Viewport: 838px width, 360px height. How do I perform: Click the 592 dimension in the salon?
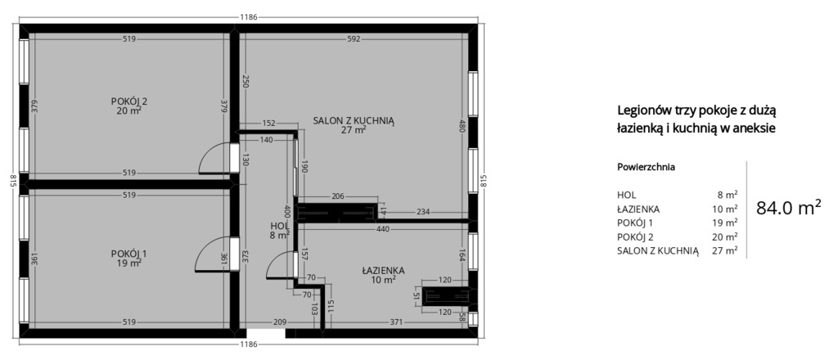coord(354,38)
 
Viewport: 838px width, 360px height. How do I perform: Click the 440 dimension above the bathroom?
coord(383,228)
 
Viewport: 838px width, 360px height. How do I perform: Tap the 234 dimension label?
coord(423,212)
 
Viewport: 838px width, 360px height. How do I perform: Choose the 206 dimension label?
coord(338,196)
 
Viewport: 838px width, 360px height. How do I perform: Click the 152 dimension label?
coord(268,123)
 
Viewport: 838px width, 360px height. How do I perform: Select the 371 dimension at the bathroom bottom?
coord(396,322)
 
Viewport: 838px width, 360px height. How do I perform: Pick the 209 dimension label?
coord(280,322)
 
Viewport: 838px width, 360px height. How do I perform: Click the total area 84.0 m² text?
coord(788,207)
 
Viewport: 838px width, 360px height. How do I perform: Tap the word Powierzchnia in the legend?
coord(646,167)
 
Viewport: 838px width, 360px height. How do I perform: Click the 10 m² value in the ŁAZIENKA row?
coord(728,209)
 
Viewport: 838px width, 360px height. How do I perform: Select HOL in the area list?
coord(626,195)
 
